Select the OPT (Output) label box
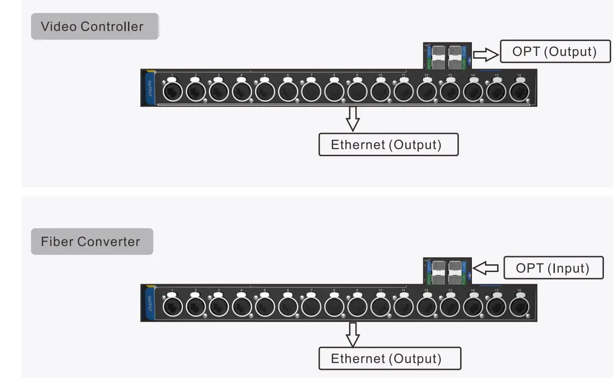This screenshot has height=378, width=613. coord(554,51)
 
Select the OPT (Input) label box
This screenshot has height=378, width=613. coord(553,268)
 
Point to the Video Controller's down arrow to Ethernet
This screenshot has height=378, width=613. coord(353,118)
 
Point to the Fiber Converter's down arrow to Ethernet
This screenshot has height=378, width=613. coord(353,334)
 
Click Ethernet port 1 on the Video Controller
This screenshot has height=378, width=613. coord(172,92)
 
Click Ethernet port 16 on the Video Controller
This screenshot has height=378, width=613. coord(519,92)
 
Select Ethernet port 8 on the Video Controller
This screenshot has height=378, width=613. coord(334,92)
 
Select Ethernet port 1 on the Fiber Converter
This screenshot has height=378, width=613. coord(172,307)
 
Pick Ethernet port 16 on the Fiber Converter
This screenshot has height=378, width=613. coord(519,307)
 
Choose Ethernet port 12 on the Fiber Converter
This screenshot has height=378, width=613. coord(426,307)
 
